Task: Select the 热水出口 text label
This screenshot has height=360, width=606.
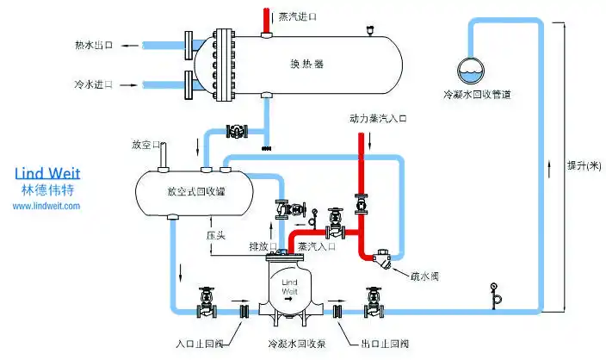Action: (94, 45)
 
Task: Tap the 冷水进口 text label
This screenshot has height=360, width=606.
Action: (94, 85)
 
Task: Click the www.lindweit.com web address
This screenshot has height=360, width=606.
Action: (48, 206)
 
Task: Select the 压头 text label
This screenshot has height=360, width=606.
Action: (215, 234)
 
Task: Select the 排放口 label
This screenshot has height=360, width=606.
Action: (261, 247)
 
